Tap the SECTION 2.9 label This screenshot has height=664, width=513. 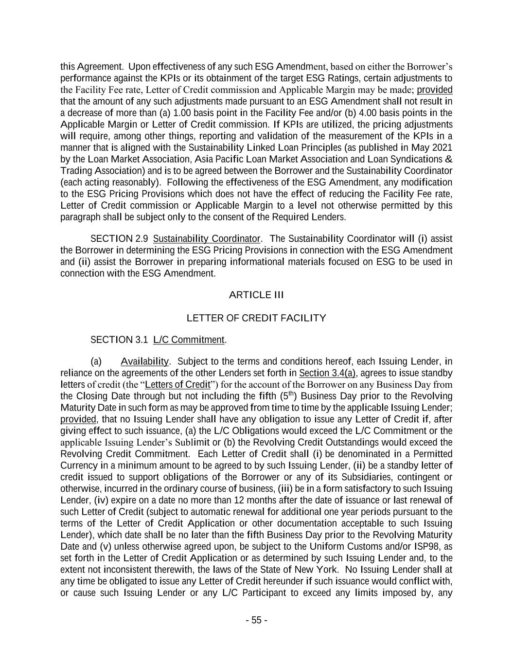119,239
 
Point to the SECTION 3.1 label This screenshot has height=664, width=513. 119,340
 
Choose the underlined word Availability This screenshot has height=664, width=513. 144,361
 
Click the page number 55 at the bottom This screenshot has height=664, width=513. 256,620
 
